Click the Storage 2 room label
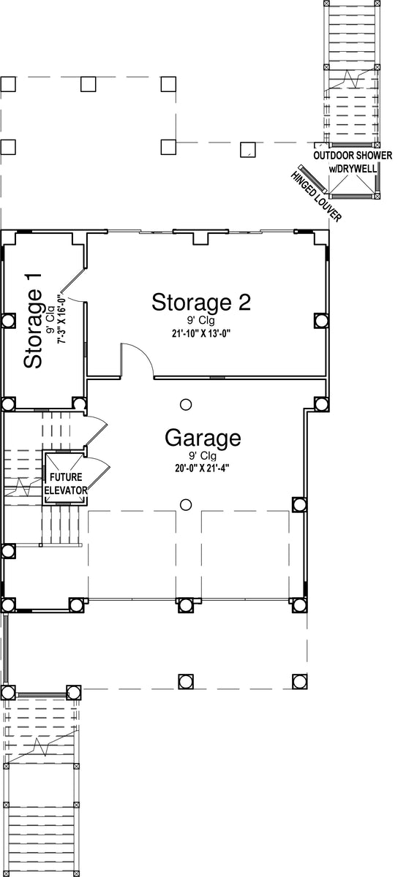(201, 303)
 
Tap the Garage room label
(203, 438)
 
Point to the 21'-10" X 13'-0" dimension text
(202, 333)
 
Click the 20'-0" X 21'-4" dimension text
(202, 468)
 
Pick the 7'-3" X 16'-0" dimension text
(61, 319)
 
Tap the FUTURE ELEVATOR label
(66, 484)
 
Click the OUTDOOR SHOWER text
(353, 156)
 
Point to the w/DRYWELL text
(353, 169)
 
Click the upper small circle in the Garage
(186, 404)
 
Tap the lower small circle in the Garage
(186, 505)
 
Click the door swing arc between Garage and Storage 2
(146, 354)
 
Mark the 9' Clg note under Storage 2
(200, 321)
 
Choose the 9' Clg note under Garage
(203, 456)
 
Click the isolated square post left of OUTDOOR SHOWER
(247, 149)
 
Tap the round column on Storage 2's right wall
(321, 320)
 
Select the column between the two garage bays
(186, 605)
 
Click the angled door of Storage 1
(72, 281)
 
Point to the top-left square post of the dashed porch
(8, 84)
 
